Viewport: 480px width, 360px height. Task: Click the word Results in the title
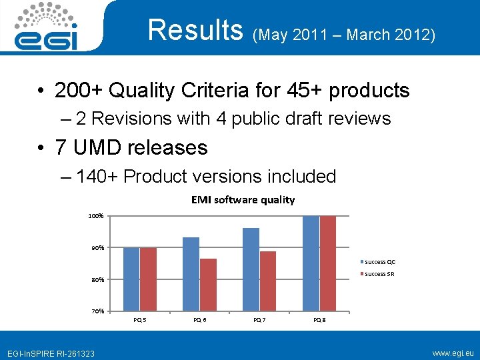[196, 30]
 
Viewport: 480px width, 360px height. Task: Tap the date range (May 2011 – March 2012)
[344, 33]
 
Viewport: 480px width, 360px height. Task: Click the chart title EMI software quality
[243, 200]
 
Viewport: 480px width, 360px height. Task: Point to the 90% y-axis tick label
[97, 248]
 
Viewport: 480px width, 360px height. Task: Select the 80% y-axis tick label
[97, 280]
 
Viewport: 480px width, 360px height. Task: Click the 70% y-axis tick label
[97, 311]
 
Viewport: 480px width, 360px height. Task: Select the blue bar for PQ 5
[131, 279]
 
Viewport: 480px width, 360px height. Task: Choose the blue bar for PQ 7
[251, 269]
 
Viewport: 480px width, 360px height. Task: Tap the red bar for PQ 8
[328, 263]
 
